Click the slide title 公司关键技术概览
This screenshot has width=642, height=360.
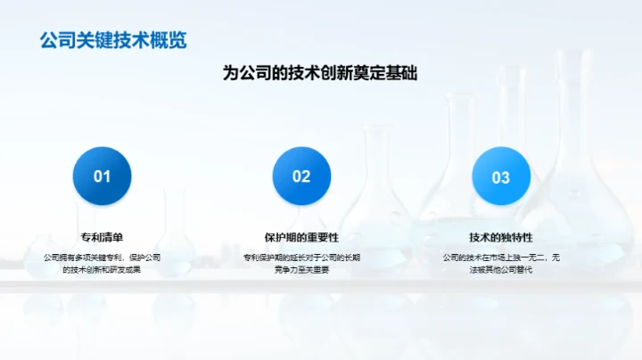pyautogui.click(x=113, y=40)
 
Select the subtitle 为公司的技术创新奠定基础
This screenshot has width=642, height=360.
pyautogui.click(x=320, y=74)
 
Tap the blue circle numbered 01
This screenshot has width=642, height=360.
pyautogui.click(x=103, y=176)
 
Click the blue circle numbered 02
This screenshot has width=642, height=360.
pyautogui.click(x=301, y=176)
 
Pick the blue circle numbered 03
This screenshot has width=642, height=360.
pyautogui.click(x=501, y=176)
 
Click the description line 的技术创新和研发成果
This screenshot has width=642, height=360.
pyautogui.click(x=103, y=269)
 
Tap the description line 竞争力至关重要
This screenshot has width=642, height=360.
pyautogui.click(x=301, y=269)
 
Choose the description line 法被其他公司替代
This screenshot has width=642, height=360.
pyautogui.click(x=501, y=269)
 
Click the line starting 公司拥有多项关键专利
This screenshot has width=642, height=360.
pyautogui.click(x=103, y=258)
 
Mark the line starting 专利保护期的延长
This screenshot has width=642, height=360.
pyautogui.click(x=301, y=258)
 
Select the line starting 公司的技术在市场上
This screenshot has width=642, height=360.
pyautogui.click(x=501, y=258)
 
